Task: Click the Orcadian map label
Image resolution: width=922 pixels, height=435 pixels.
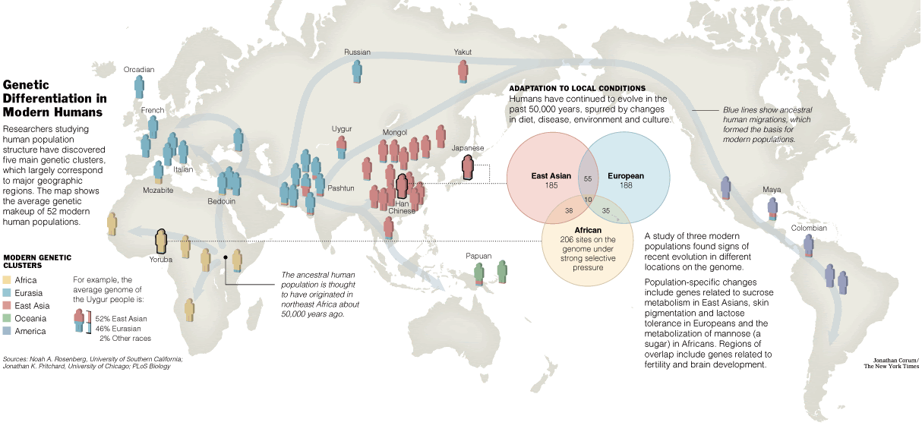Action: [x=139, y=70]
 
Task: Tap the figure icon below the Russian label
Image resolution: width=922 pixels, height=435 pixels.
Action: [x=357, y=72]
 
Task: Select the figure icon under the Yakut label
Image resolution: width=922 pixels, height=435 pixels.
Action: [x=463, y=71]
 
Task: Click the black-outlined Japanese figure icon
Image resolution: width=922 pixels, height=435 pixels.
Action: [x=468, y=167]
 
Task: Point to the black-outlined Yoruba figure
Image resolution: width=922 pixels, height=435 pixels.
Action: [x=161, y=241]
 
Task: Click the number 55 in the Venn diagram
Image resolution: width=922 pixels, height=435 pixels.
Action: [x=588, y=178]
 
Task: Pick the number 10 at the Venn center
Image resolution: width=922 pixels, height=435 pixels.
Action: [x=588, y=200]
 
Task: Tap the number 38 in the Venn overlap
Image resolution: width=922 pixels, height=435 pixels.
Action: [x=569, y=211]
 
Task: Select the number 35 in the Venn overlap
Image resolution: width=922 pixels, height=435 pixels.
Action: [x=606, y=211]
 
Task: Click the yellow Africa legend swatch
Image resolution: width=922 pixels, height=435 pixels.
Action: [x=7, y=280]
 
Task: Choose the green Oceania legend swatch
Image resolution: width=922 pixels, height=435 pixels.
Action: [x=7, y=319]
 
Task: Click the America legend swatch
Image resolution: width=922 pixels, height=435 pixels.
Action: [x=7, y=331]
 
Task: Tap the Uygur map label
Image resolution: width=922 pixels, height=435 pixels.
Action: [x=342, y=129]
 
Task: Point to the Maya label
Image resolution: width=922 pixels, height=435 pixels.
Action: [x=772, y=190]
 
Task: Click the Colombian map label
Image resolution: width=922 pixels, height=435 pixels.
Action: [x=809, y=228]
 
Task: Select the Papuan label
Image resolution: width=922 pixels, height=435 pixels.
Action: [x=478, y=256]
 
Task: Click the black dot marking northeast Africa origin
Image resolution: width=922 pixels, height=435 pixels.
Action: [x=226, y=257]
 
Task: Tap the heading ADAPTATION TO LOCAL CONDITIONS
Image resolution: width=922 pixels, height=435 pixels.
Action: [x=577, y=89]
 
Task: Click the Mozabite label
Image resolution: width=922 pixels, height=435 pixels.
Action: [x=158, y=190]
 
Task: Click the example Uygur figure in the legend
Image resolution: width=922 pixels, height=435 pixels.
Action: [x=80, y=321]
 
